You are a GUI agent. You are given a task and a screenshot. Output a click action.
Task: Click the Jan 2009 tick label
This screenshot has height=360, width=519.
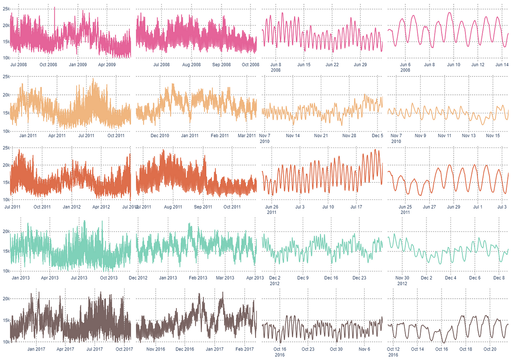coord(78,64)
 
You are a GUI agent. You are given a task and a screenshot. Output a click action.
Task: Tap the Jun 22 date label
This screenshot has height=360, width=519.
coord(332,64)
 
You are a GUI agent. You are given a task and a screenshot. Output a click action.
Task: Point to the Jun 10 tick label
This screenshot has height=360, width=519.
coord(454,64)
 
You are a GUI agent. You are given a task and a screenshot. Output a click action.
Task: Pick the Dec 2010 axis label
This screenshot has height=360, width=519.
coord(161,135)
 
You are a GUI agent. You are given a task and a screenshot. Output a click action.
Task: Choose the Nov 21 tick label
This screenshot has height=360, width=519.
coord(321,135)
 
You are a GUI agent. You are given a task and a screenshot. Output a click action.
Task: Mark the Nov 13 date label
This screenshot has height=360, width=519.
coord(468,135)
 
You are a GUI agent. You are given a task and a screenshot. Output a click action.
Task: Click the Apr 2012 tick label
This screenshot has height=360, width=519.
coord(104,207)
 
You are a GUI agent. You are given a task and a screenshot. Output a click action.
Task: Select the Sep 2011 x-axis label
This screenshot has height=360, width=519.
coord(203,207)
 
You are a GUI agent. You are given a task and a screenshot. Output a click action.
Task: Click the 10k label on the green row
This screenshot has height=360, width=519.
coord(6,271)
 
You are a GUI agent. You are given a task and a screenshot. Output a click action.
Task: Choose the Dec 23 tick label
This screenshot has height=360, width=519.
coord(359,278)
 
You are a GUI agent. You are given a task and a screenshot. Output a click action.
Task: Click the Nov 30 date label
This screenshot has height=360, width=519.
coord(402,278)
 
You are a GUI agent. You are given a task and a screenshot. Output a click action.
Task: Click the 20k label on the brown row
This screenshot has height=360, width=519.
coord(6,299)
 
